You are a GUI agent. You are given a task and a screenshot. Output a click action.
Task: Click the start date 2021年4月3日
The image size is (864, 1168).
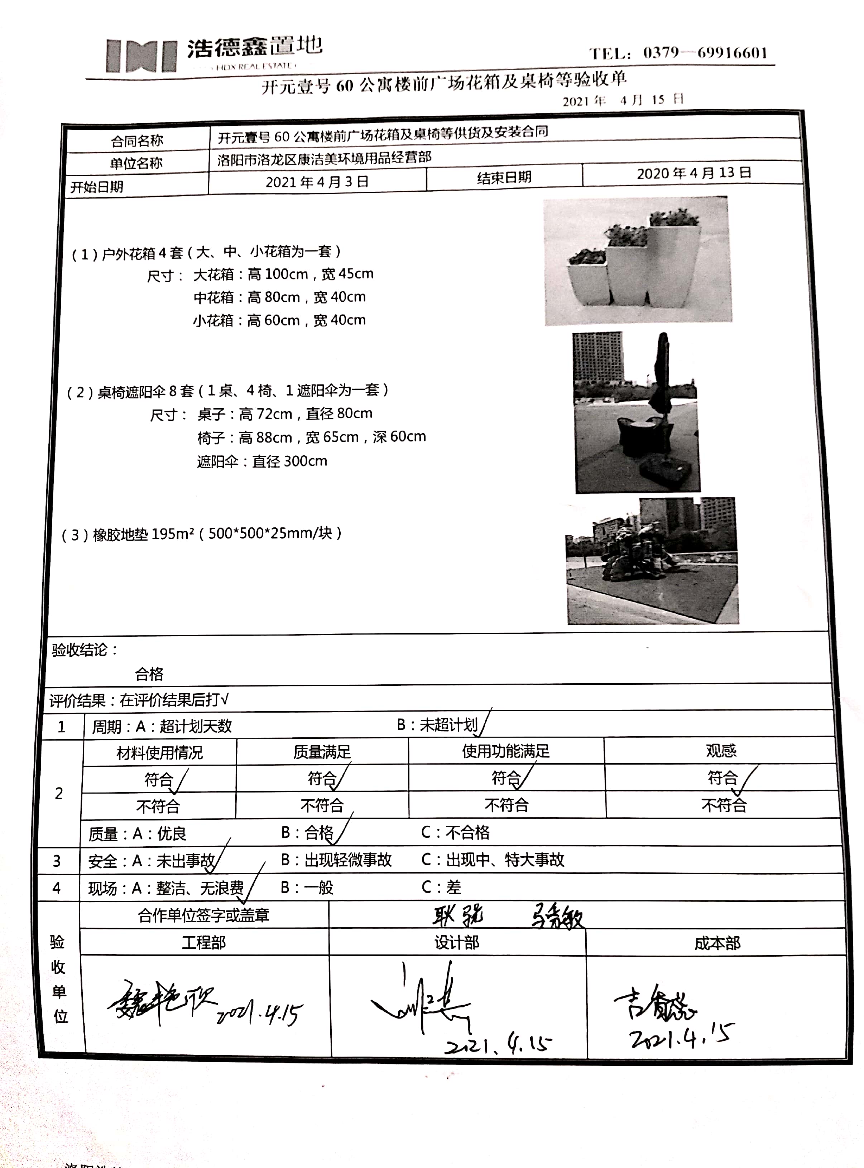pos(317,182)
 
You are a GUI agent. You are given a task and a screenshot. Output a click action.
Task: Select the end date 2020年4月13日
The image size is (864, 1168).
pos(693,173)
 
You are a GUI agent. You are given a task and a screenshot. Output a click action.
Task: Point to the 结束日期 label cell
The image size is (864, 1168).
pos(504,177)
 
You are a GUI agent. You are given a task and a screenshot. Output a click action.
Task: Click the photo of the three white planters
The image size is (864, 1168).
pos(638,260)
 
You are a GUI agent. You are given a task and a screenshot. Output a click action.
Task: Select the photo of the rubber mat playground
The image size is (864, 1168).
pos(652,561)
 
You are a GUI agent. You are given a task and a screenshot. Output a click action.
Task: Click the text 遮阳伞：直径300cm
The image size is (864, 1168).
pos(262,461)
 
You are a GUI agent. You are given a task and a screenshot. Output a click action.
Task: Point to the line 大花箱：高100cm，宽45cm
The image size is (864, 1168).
pos(283,274)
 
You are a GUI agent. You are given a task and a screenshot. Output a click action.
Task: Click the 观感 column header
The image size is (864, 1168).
pos(721,751)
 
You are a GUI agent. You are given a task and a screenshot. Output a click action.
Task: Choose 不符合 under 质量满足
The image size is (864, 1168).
pos(322,805)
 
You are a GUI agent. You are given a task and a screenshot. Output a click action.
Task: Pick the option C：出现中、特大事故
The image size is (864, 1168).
pos(493,860)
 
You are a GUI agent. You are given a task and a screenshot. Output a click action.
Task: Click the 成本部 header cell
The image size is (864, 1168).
pos(717,943)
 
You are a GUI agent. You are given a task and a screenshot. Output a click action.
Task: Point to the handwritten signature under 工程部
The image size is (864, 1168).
pos(162,1003)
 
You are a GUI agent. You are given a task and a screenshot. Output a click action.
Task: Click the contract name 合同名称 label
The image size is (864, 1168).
pos(137,141)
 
